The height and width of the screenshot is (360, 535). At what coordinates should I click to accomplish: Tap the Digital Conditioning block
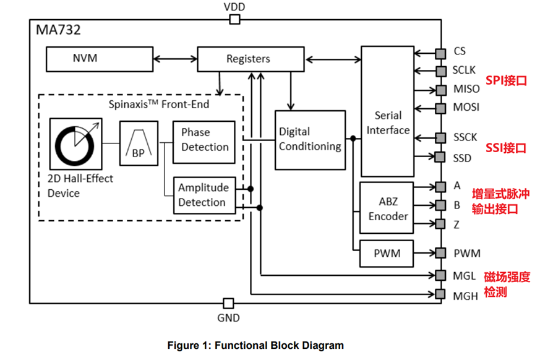(310, 139)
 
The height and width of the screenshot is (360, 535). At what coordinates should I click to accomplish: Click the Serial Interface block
(388, 122)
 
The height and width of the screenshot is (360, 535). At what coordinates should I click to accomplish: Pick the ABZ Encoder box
(388, 208)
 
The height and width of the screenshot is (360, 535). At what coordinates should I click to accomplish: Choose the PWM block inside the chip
(388, 253)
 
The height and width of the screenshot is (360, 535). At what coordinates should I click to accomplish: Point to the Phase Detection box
(204, 140)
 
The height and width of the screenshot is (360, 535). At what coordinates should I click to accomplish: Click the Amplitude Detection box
(204, 195)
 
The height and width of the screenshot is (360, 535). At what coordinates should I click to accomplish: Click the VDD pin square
(234, 20)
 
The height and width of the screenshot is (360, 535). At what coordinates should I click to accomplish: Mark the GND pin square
(228, 303)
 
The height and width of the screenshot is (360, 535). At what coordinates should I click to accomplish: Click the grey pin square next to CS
(440, 53)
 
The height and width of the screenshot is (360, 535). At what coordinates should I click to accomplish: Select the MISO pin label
(466, 89)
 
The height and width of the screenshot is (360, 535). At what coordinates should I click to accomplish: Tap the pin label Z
(456, 225)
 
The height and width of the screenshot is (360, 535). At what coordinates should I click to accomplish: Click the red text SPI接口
(505, 80)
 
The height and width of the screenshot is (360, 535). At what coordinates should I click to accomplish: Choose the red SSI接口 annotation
(505, 148)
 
